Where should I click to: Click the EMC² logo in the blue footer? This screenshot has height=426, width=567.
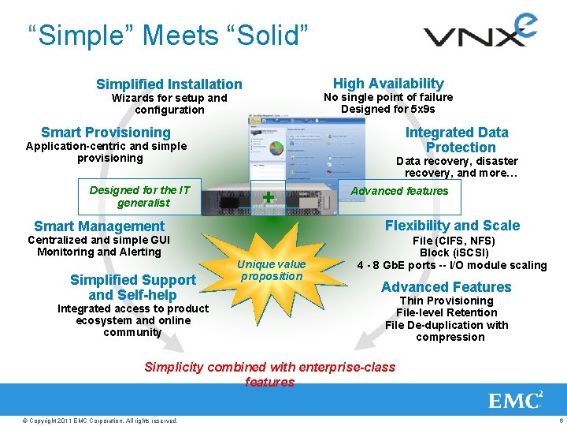pos(516,401)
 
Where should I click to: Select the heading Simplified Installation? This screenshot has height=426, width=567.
pos(169,84)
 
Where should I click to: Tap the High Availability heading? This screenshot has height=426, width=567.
pos(388,84)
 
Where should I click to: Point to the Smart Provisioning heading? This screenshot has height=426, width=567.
pos(106,133)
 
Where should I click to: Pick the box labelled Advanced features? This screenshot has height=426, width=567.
pos(399,191)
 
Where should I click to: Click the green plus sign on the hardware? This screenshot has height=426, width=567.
pos(269,196)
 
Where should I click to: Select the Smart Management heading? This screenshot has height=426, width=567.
pos(99,226)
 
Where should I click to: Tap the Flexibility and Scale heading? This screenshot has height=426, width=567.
pos(452,226)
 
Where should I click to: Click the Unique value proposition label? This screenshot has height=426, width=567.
pos(272,270)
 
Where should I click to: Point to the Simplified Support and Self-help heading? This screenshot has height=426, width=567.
pos(133,287)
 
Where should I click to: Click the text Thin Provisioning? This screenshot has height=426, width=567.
pos(447,301)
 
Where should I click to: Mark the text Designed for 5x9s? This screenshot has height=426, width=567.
pos(387,110)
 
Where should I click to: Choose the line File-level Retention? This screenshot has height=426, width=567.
pos(447,312)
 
